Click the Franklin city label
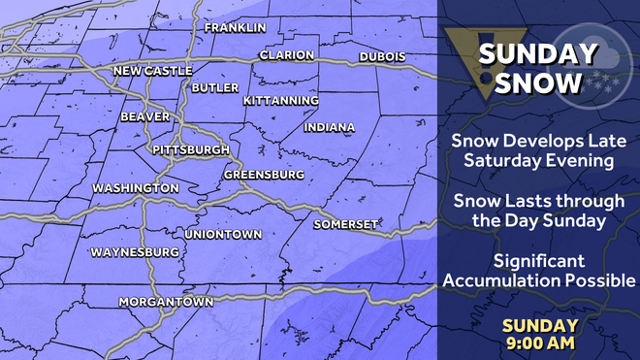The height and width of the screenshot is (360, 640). (x=235, y=27)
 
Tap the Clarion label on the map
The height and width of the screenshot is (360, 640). (x=286, y=55)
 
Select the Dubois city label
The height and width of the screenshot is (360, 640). (x=382, y=57)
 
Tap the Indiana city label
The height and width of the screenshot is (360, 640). (x=329, y=127)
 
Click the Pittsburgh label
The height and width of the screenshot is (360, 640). (x=190, y=150)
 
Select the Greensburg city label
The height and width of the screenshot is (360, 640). (x=264, y=175)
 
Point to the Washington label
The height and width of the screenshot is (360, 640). (x=135, y=187)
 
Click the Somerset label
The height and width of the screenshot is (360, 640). (x=344, y=225)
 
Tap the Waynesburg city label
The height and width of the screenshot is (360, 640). (x=135, y=252)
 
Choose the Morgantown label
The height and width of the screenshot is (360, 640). (x=166, y=302)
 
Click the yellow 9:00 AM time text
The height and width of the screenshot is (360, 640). (x=540, y=342)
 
